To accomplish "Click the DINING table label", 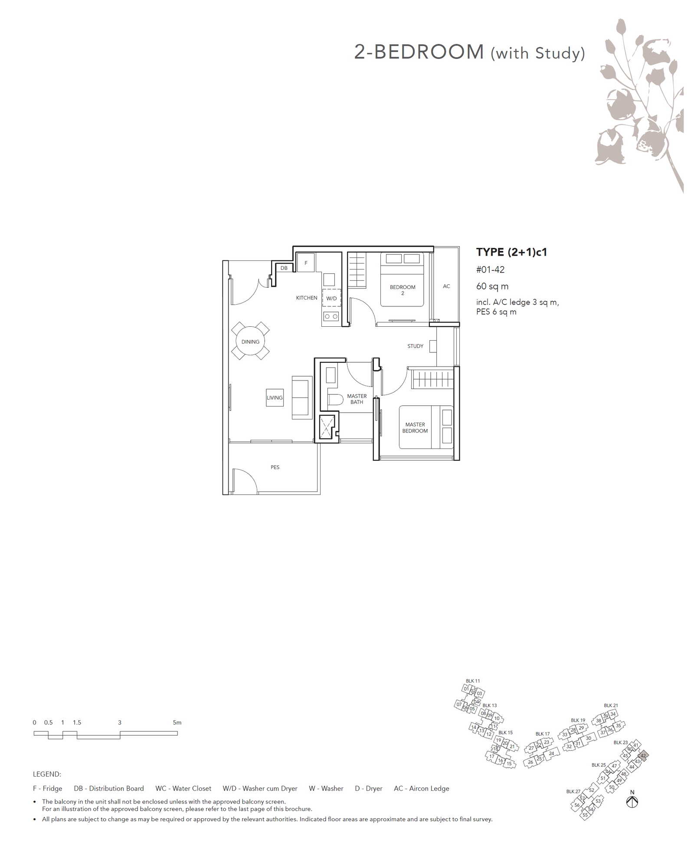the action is (250, 341).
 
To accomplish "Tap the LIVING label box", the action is (275, 397).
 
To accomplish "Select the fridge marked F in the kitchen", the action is (306, 263).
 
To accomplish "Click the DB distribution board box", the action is (284, 268).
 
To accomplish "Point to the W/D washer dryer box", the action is (331, 298).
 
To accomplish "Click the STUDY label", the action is (415, 346).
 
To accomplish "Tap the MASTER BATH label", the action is (357, 399).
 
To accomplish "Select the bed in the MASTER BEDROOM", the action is (426, 427).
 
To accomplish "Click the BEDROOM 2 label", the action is (403, 290).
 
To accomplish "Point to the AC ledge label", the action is (446, 286).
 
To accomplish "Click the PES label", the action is (275, 467).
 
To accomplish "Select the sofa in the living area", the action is (302, 397).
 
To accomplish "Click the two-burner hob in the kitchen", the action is (331, 317).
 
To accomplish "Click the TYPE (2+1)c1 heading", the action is (511, 252).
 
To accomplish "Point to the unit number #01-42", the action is (490, 270).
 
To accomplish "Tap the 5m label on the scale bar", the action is (177, 722).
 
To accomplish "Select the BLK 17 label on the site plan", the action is (542, 734).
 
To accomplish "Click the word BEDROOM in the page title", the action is (429, 52).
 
